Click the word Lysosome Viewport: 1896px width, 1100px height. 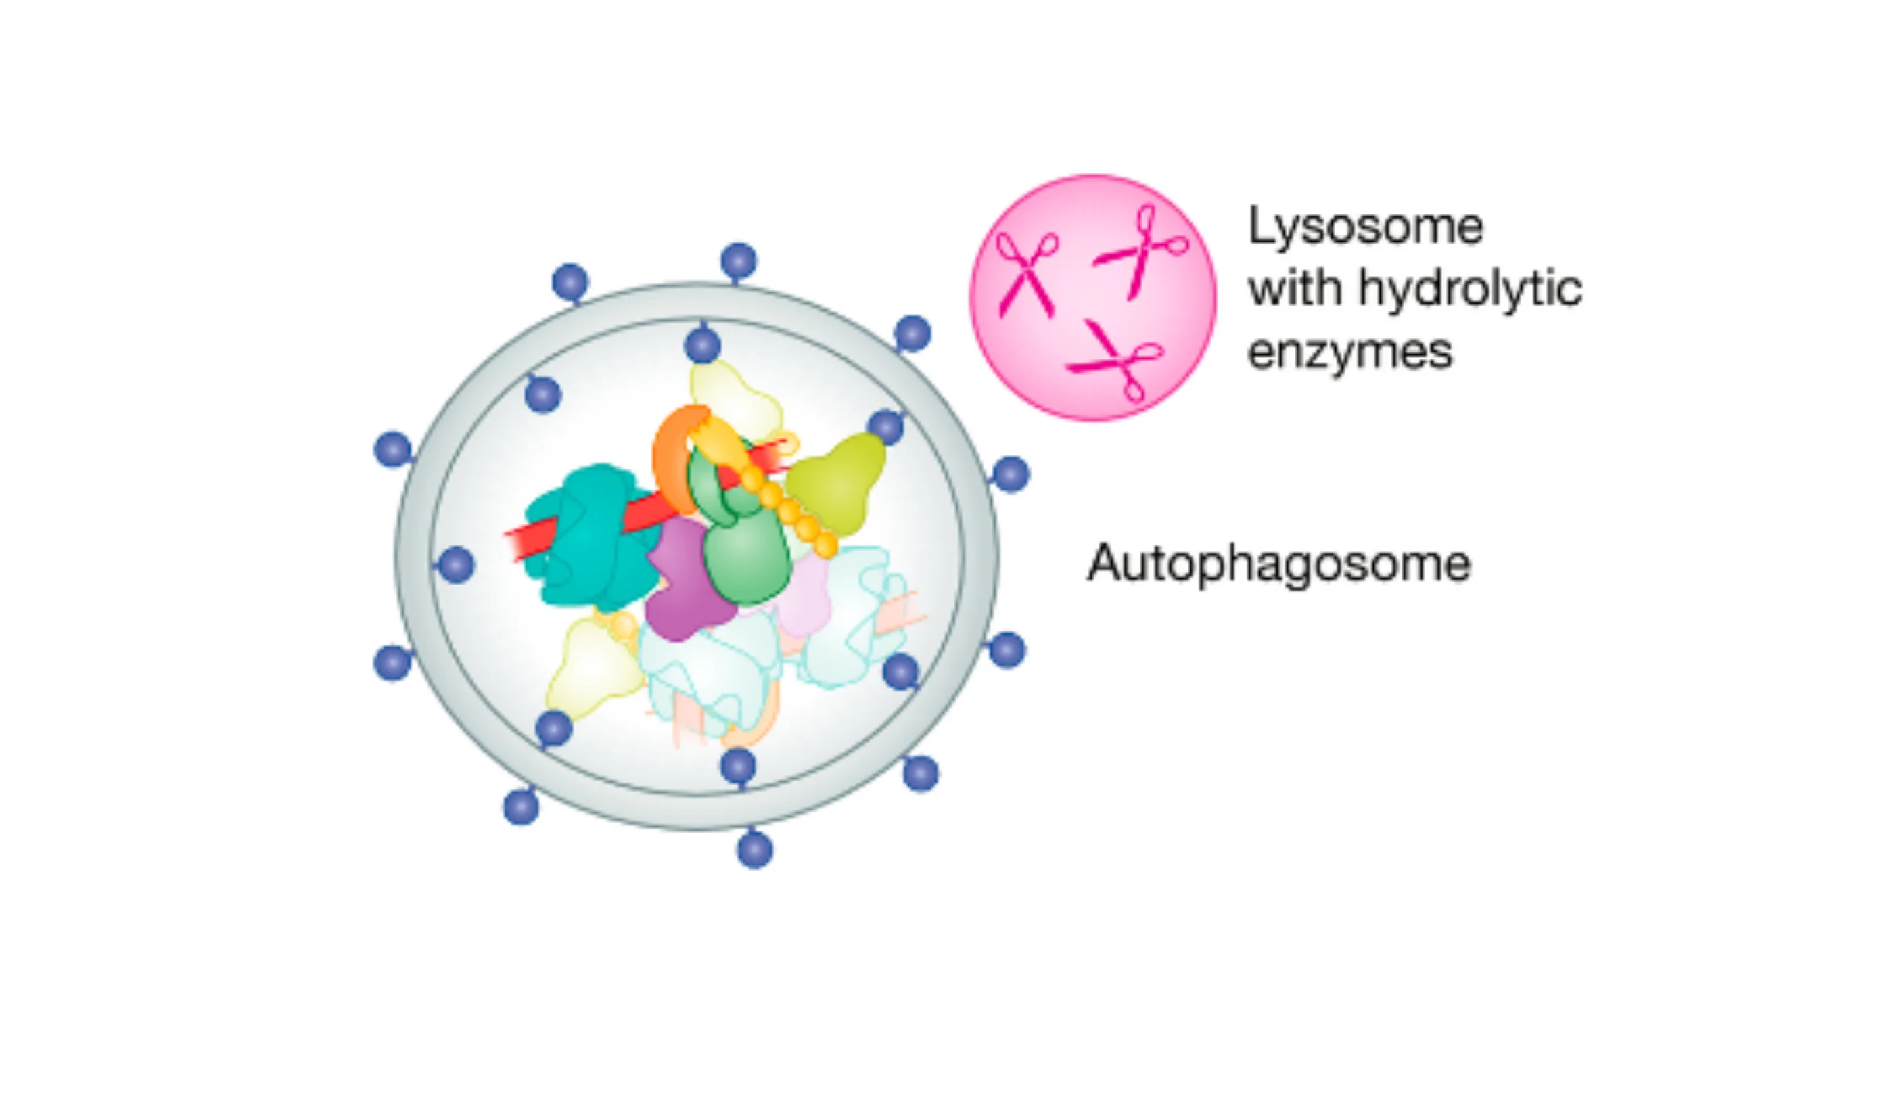coord(1365,226)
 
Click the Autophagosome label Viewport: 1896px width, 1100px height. coord(1278,564)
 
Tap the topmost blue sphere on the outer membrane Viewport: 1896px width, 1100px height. coord(738,261)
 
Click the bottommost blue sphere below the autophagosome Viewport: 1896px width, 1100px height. coord(755,850)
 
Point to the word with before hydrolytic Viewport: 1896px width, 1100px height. coord(1295,289)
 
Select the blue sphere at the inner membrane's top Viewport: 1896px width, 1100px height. coord(702,345)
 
